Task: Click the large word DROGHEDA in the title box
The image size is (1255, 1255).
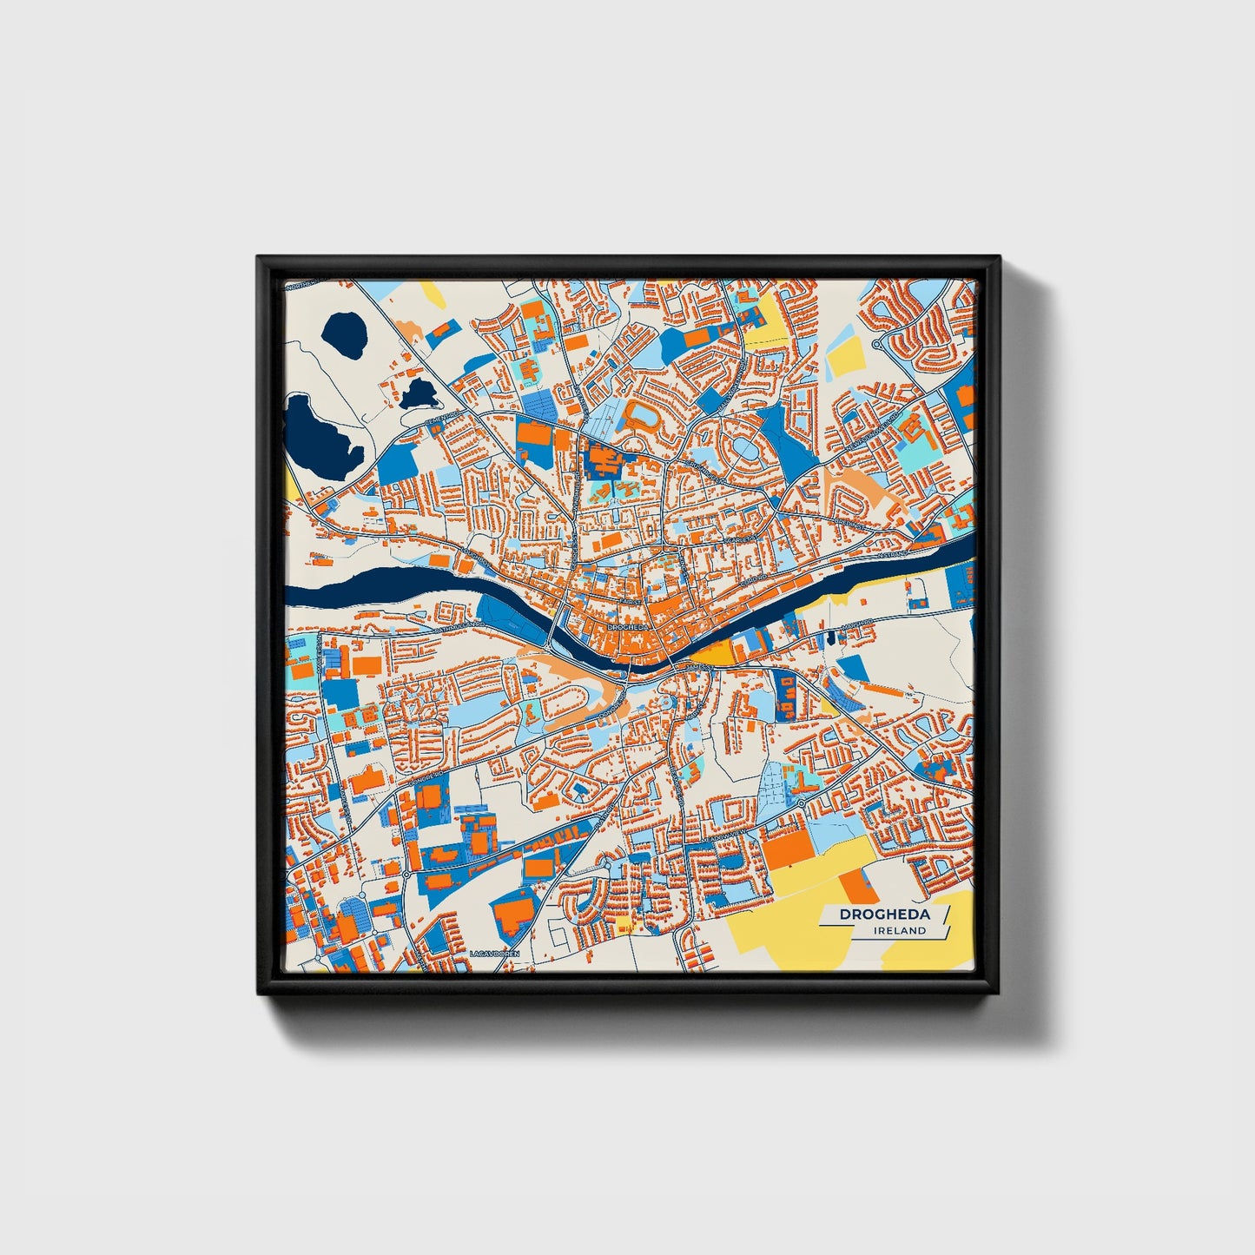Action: [884, 915]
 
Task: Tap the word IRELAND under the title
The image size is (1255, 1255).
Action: [901, 930]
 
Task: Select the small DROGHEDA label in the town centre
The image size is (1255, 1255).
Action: [629, 626]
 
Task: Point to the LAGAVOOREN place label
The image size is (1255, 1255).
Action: [493, 954]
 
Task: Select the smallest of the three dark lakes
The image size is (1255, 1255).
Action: [419, 393]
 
